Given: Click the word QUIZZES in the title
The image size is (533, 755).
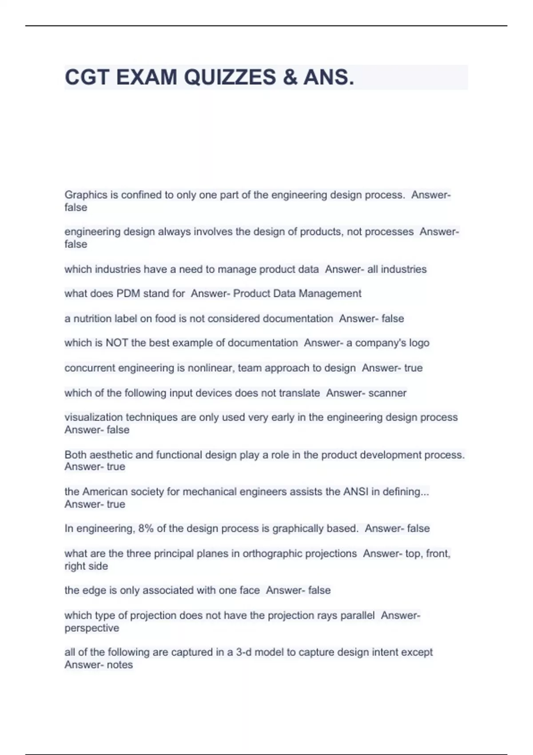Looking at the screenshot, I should pyautogui.click(x=230, y=77).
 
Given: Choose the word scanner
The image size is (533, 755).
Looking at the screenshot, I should pyautogui.click(x=387, y=393).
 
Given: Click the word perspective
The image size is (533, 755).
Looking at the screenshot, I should pyautogui.click(x=92, y=628).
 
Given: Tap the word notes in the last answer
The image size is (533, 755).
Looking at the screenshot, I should pyautogui.click(x=120, y=665).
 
